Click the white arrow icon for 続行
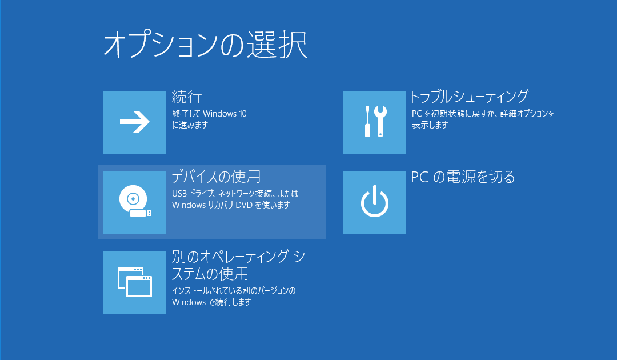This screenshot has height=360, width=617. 135,122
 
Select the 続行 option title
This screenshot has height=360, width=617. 187,97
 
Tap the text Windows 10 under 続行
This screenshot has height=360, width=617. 225,114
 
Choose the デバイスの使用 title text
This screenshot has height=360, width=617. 216,176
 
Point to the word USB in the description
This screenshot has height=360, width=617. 179,194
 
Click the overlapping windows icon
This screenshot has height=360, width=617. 135,282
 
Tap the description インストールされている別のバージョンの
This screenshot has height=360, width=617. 234,291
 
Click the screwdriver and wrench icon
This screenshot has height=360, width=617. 375,122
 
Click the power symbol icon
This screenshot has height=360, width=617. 375,202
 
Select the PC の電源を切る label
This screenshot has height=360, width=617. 463,177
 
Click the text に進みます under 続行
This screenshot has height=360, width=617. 190,125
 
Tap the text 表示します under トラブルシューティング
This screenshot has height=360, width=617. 430,125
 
